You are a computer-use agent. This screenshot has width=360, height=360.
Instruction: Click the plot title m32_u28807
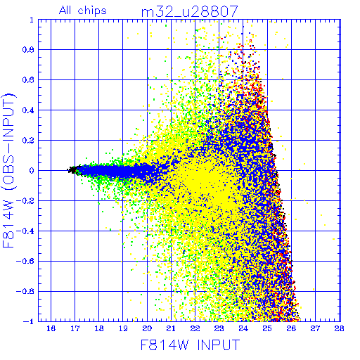[190, 11]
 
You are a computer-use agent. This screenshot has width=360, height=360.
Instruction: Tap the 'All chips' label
[83, 11]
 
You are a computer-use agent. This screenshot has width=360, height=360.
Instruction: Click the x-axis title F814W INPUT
[191, 345]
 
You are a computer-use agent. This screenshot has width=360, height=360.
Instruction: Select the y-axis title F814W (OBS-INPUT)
[8, 170]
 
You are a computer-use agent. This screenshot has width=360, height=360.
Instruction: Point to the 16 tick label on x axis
[51, 328]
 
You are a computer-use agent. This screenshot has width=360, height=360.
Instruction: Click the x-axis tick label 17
[75, 328]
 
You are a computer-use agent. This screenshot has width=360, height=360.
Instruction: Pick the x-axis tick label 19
[123, 328]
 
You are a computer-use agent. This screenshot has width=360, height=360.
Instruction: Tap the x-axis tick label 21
[171, 328]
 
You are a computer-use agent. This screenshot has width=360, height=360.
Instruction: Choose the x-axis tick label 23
[219, 328]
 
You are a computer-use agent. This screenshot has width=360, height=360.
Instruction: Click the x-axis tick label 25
[267, 328]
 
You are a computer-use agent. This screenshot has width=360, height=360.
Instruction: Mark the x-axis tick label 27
[315, 328]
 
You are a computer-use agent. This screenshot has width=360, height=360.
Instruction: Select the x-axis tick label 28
[339, 328]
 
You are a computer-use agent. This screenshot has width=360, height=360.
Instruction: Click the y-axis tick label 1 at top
[32, 20]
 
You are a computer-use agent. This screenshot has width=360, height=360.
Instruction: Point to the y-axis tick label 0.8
[28, 50]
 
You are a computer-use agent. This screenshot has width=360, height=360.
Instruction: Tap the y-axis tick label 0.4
[28, 110]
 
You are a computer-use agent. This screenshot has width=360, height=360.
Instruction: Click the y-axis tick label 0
[32, 171]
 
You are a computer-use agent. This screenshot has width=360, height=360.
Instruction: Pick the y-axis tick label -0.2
[25, 201]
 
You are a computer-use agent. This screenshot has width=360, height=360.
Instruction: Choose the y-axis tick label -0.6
[25, 261]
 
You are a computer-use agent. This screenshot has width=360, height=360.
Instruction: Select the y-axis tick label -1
[28, 321]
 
